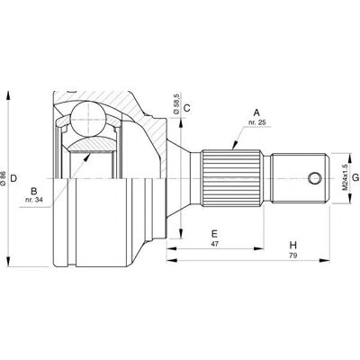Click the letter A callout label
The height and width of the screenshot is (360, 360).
(x=256, y=112)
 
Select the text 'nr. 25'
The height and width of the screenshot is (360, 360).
(x=257, y=122)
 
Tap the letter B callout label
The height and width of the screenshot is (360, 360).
(x=34, y=191)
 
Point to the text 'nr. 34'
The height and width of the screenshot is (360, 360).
(x=34, y=201)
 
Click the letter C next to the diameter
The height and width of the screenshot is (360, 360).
(x=186, y=108)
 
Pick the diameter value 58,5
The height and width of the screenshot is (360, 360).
(x=176, y=103)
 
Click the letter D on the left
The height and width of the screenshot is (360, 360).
(x=13, y=178)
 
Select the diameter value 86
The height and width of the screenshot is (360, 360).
(x=3, y=178)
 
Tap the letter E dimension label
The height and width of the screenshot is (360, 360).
(x=214, y=233)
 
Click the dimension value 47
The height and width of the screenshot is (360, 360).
(x=214, y=244)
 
